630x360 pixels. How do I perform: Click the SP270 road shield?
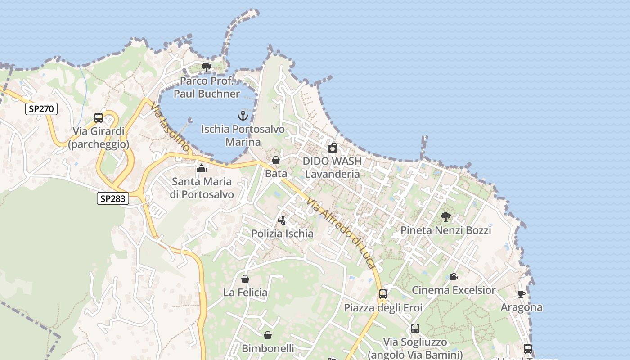41,108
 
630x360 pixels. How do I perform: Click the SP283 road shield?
113,198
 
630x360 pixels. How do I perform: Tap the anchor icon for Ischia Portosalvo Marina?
243,116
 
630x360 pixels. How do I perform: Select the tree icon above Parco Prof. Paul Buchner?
207,68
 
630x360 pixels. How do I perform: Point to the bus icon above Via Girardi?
99,118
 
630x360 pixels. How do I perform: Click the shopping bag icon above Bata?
276,160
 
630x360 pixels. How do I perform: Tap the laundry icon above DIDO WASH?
333,148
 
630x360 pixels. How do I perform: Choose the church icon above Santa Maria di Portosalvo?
202,169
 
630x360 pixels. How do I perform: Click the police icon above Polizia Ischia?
282,220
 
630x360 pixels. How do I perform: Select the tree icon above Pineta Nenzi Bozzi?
445,217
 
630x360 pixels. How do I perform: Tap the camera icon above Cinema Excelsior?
453,277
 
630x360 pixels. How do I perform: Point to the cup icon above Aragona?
522,294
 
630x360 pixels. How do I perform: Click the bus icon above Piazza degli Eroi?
383,294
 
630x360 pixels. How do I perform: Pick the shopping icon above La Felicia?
245,279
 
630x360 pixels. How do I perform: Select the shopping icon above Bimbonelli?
268,335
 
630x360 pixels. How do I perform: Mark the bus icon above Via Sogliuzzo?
415,328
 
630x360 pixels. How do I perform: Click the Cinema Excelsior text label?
454,290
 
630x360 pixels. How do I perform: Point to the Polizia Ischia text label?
282,234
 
